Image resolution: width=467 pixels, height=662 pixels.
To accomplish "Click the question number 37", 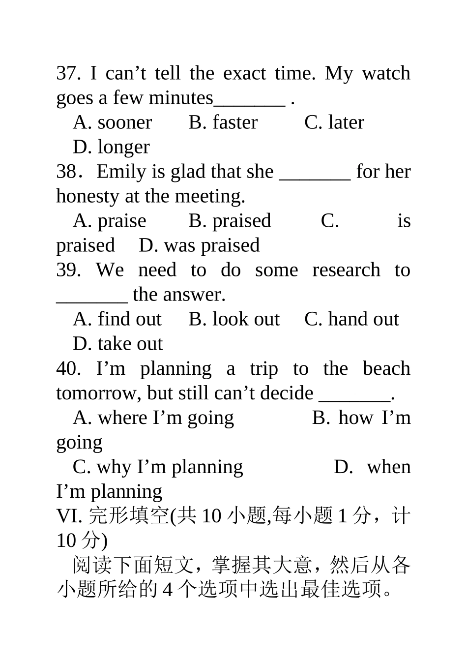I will pyautogui.click(x=68, y=73).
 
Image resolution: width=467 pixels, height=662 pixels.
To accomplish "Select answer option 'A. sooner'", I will pyautogui.click(x=113, y=122).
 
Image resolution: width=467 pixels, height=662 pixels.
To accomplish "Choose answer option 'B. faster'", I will pyautogui.click(x=223, y=122).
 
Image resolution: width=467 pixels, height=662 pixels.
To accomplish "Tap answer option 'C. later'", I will pyautogui.click(x=334, y=122).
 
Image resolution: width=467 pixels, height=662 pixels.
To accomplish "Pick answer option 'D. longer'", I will pyautogui.click(x=111, y=147).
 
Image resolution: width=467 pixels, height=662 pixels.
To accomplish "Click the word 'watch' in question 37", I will pyautogui.click(x=386, y=73).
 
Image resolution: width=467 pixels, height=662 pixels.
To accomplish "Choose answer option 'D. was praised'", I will pyautogui.click(x=199, y=245).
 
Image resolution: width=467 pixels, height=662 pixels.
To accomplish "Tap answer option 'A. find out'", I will pyautogui.click(x=117, y=319).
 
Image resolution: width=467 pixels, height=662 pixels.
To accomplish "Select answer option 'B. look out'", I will pyautogui.click(x=234, y=319).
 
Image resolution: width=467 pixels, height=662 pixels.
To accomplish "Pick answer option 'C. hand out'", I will pyautogui.click(x=351, y=319).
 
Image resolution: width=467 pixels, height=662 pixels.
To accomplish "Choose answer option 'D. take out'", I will pyautogui.click(x=117, y=344).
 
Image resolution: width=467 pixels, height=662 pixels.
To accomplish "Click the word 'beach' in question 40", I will pyautogui.click(x=386, y=368).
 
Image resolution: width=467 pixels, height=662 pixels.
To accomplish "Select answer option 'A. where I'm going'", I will pyautogui.click(x=153, y=418).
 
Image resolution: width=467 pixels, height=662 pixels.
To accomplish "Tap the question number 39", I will pyautogui.click(x=68, y=270).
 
